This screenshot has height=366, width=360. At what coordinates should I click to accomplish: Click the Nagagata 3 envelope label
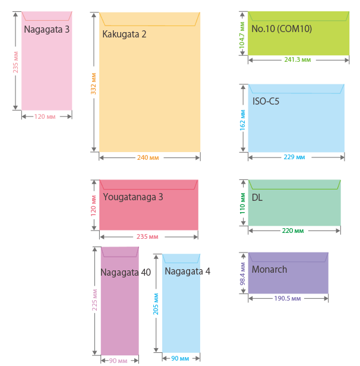click(x=47, y=29)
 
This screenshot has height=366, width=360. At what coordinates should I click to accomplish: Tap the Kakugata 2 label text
click(x=124, y=34)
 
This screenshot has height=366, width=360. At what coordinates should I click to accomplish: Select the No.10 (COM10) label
click(x=282, y=29)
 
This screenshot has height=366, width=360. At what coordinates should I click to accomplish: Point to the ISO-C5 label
click(x=266, y=102)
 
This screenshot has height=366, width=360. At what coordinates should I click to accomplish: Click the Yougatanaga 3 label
click(x=133, y=197)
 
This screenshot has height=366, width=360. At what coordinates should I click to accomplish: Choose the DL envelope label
click(x=257, y=197)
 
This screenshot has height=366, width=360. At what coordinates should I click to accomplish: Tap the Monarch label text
click(x=269, y=270)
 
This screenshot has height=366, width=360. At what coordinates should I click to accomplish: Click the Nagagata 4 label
click(x=187, y=272)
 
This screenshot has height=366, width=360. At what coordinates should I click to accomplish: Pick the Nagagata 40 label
click(x=125, y=273)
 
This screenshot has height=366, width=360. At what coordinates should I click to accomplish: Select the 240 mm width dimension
click(x=148, y=157)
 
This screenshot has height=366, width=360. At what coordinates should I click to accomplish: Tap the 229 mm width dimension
click(x=295, y=157)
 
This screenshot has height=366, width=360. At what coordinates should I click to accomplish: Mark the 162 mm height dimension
click(x=242, y=121)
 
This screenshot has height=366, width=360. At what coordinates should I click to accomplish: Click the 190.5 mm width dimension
click(x=288, y=298)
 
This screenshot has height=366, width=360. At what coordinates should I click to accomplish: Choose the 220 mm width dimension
click(x=293, y=231)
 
